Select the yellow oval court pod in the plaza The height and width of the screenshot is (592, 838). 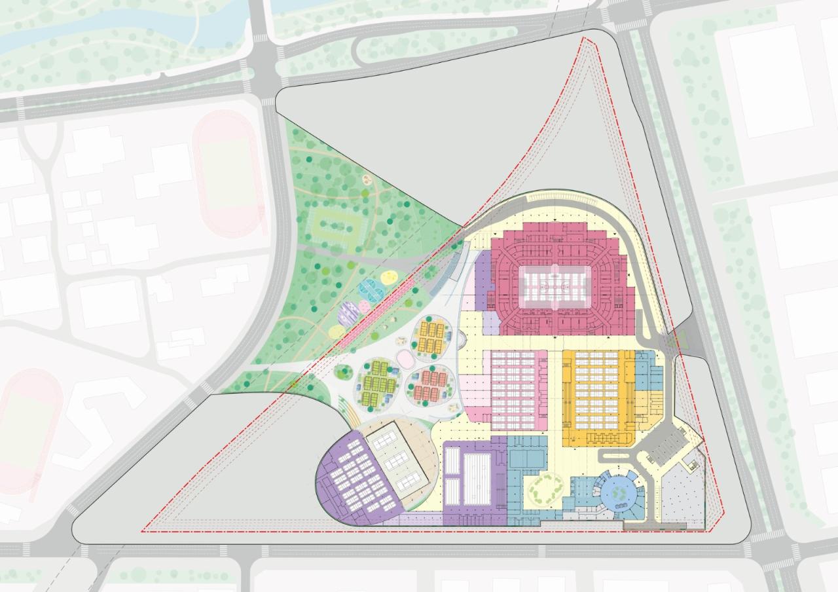click(431, 337)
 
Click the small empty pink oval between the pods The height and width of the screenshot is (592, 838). click(407, 358)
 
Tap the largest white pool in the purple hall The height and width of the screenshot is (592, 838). click(477, 478)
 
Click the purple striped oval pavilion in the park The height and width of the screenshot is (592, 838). click(348, 317)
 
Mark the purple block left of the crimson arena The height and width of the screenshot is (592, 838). click(483, 282)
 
